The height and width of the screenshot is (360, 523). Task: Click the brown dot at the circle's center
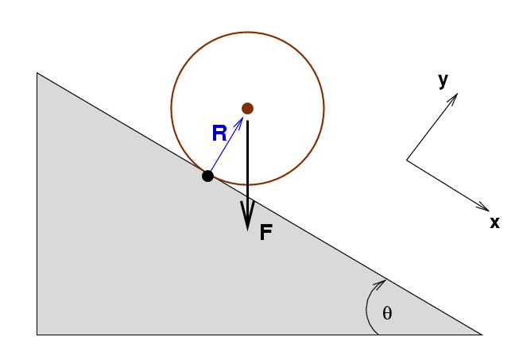click(x=247, y=108)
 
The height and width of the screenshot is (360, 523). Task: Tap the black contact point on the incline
click(x=207, y=176)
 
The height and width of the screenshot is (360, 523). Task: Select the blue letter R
click(x=219, y=134)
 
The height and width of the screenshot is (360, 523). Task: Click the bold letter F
click(x=266, y=233)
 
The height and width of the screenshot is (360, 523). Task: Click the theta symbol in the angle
click(x=387, y=313)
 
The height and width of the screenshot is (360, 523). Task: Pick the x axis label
click(x=494, y=223)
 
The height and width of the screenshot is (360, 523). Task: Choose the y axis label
click(x=443, y=80)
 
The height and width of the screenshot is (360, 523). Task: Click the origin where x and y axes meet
click(x=407, y=161)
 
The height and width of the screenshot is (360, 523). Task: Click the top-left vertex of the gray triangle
click(x=37, y=73)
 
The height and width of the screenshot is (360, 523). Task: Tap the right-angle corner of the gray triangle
click(x=37, y=335)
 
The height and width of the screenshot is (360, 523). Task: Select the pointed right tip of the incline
click(x=482, y=335)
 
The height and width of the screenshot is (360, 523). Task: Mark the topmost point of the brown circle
click(x=247, y=33)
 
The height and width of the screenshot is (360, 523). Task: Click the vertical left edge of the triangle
click(x=37, y=207)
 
